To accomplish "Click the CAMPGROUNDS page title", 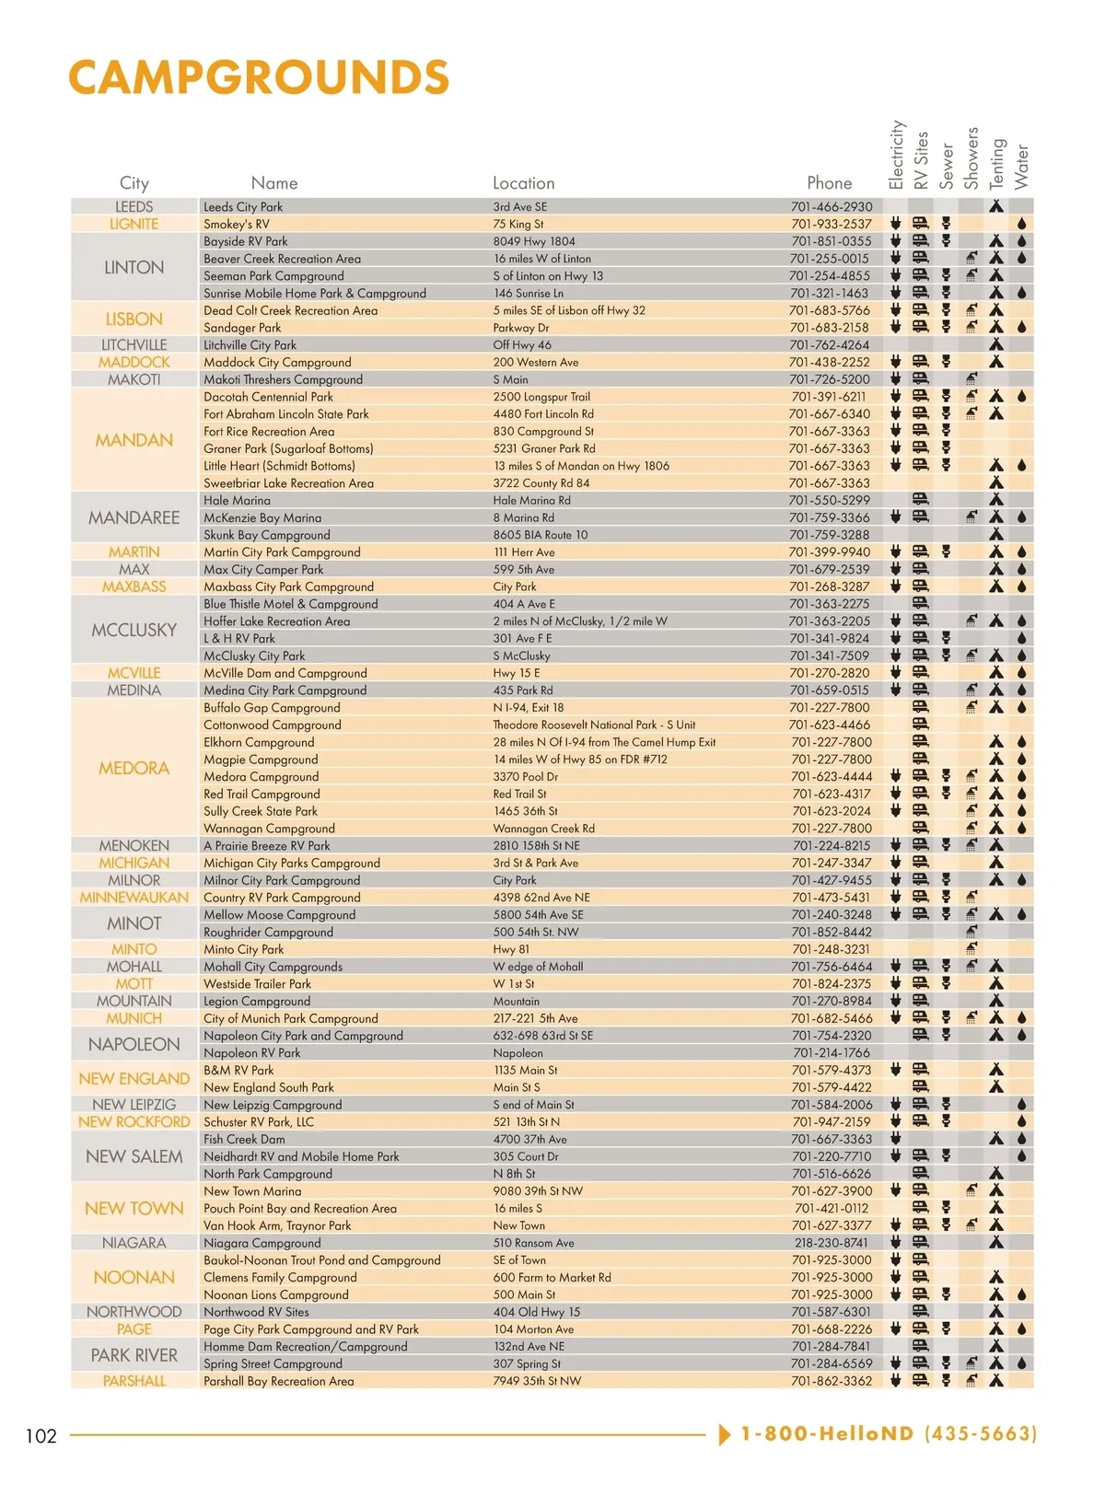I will [259, 77].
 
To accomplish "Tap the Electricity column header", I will [897, 155].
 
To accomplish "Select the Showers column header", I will [971, 158].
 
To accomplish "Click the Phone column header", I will [829, 183].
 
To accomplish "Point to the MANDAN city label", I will [134, 440].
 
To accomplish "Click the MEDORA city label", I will [134, 768].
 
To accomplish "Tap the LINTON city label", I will [134, 267].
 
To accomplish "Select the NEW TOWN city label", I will [134, 1208].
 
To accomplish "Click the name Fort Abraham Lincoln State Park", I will [286, 414].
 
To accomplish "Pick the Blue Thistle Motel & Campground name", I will [291, 604].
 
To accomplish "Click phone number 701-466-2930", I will [831, 207].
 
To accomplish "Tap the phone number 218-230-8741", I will [831, 1243].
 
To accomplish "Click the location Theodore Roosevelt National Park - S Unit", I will [594, 725].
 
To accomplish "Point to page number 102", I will [41, 1435].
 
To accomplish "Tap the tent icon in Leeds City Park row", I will [996, 207].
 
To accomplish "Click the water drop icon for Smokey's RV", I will [1022, 224].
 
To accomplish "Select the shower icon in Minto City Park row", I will [971, 949].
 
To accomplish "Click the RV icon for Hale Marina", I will [920, 500].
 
